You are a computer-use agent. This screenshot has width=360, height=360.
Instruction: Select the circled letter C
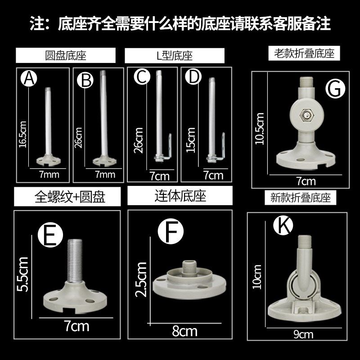click(x=142, y=78)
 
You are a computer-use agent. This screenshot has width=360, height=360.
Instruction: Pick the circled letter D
click(x=193, y=77)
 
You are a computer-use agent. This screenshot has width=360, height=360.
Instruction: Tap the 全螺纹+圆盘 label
click(x=67, y=197)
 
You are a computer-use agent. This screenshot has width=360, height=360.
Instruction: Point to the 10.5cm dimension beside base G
click(x=260, y=128)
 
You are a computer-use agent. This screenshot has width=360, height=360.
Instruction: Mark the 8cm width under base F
click(x=184, y=331)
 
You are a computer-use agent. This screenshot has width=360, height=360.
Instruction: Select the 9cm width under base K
click(x=304, y=334)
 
